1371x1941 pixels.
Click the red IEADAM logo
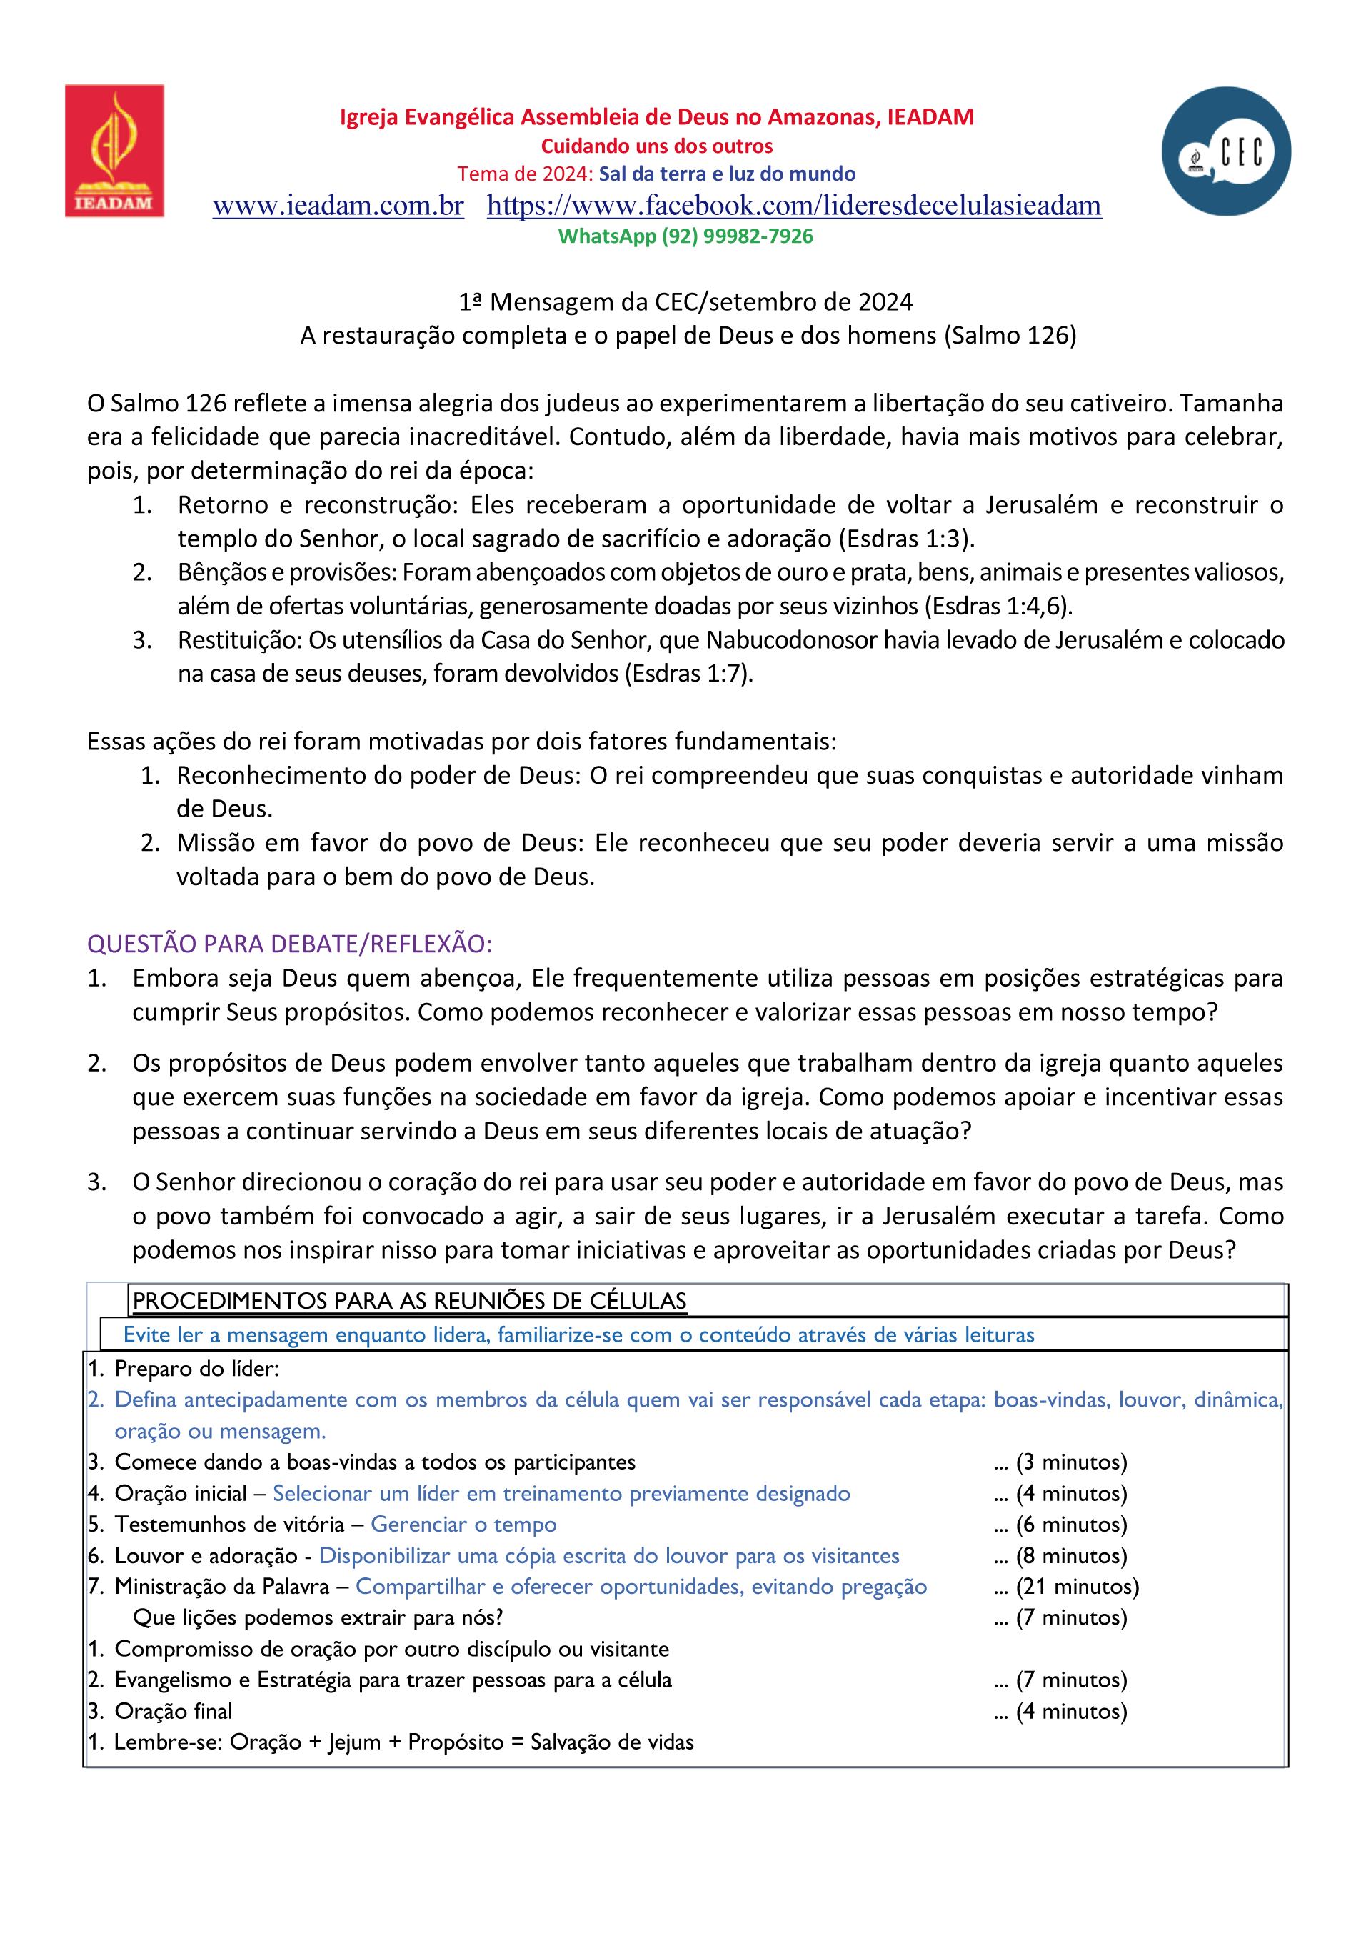[x=114, y=151]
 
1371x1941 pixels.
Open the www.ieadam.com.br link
[x=338, y=206]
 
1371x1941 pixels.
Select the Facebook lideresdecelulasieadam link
[x=794, y=206]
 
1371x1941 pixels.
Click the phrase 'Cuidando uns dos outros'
[x=657, y=146]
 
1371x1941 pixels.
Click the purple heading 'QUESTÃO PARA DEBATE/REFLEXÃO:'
[x=289, y=944]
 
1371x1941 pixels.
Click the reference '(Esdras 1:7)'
[x=688, y=674]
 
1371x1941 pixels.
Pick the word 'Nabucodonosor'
[x=790, y=640]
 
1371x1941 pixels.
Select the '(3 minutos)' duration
[x=1071, y=1462]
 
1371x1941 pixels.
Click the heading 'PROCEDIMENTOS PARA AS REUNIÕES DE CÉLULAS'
[x=409, y=1301]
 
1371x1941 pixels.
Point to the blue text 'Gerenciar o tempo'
[x=463, y=1525]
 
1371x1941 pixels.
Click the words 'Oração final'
[x=174, y=1711]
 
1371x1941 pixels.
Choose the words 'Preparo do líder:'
[x=197, y=1369]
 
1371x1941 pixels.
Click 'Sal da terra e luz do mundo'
[x=727, y=174]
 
